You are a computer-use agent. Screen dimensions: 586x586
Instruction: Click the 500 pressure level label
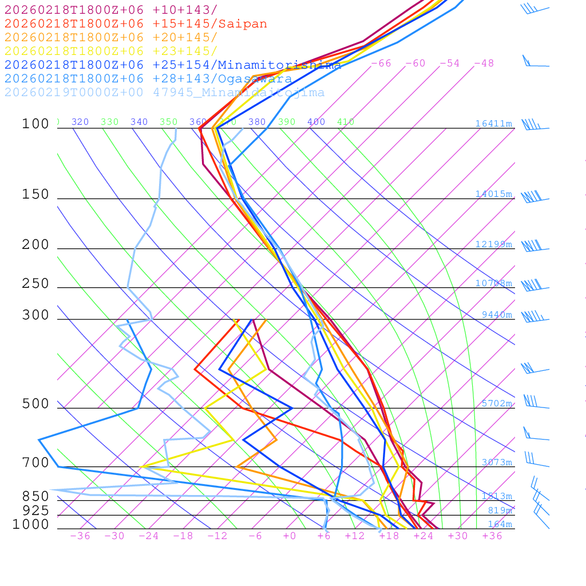(x=35, y=404)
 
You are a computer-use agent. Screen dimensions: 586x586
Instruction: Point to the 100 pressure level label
(x=35, y=124)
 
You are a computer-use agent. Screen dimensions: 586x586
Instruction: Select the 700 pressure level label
(x=35, y=462)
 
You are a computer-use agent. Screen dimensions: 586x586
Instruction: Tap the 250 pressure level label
(x=35, y=284)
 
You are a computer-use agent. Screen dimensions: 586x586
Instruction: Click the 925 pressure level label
(x=35, y=510)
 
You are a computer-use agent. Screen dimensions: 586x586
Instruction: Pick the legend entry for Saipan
(x=136, y=24)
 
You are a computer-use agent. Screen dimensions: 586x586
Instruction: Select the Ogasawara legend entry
(x=148, y=79)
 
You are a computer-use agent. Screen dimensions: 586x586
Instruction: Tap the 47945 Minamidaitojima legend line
(x=164, y=93)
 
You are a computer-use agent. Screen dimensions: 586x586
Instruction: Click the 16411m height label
(x=493, y=124)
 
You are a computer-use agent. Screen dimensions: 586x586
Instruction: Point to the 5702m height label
(x=496, y=403)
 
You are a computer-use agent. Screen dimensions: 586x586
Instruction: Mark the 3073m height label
(x=496, y=462)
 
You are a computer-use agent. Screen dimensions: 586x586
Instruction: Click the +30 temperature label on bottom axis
(x=458, y=536)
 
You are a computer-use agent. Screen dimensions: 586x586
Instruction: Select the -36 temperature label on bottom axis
(x=80, y=536)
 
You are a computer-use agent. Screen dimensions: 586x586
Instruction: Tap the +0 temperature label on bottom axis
(x=290, y=536)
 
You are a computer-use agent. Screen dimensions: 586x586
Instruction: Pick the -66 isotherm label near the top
(x=381, y=63)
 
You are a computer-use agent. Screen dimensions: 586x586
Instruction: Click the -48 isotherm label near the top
(x=484, y=63)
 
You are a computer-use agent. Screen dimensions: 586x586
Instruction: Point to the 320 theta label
(x=80, y=122)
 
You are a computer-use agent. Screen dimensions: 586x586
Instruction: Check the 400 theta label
(x=316, y=122)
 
